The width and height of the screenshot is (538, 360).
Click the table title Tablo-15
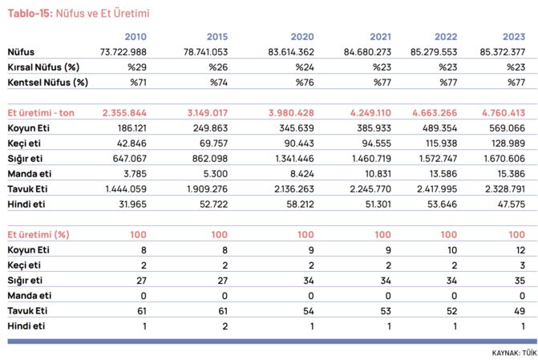30,14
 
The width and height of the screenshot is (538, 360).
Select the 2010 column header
136,37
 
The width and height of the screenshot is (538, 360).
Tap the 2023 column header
514,37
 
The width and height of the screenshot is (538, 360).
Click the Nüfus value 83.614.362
291,52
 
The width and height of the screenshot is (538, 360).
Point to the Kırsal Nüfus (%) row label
43,67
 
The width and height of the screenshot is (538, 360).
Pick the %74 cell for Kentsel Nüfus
219,83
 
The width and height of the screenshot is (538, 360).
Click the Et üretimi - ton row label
41,113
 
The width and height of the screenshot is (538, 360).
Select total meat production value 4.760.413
504,113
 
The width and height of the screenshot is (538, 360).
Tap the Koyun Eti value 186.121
132,128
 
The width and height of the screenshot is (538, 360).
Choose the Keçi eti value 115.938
442,143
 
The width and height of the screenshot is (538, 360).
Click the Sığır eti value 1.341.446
294,159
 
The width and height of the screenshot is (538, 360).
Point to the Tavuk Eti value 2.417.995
437,188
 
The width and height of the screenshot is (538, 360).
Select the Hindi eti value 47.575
512,204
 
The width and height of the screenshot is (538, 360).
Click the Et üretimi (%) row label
38,235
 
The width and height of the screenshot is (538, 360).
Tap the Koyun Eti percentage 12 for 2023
521,250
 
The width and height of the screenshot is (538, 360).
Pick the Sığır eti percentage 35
520,281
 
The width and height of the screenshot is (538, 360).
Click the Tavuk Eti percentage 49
520,311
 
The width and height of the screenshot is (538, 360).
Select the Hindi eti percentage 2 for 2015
225,326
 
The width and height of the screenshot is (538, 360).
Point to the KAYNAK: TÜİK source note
514,353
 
